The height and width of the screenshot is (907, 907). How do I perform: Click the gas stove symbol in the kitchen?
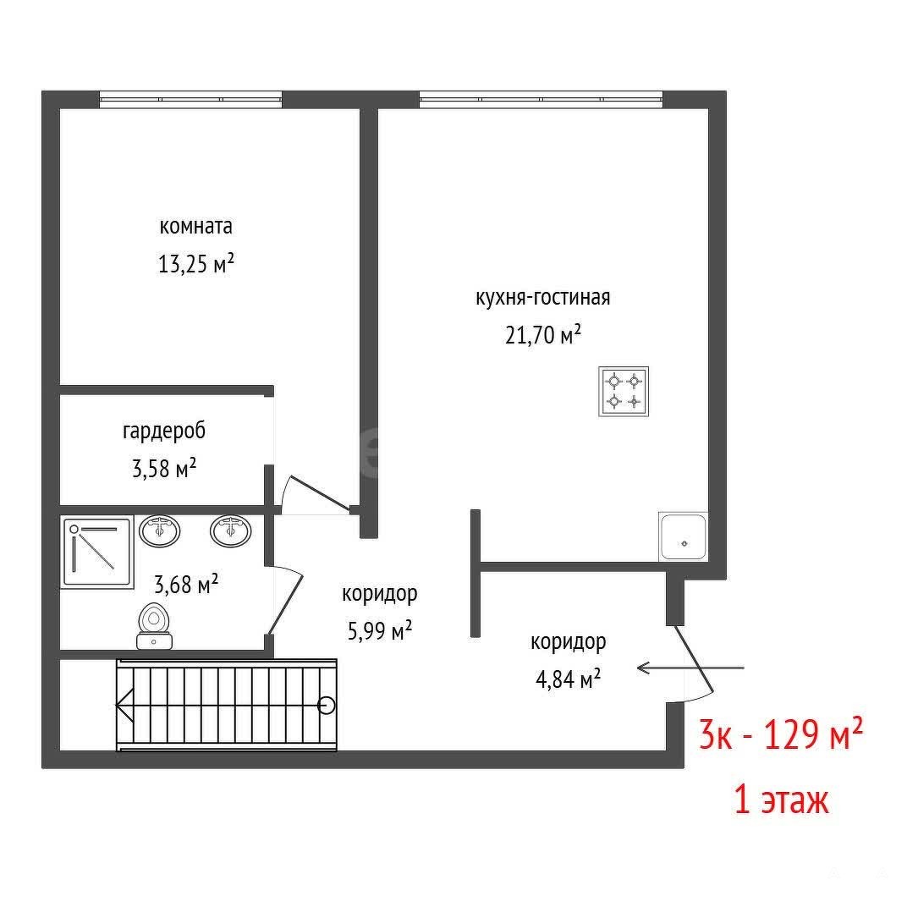point(624,392)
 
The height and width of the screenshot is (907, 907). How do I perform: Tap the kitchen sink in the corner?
point(683,536)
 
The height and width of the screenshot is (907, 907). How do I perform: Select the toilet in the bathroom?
point(155,626)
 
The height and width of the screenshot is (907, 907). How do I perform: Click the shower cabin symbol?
point(97,552)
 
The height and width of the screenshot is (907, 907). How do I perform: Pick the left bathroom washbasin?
point(160,530)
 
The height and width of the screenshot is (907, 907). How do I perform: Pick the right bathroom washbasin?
point(231,530)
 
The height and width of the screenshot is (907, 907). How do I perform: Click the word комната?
point(195,226)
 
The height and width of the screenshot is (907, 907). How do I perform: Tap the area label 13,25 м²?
point(196,264)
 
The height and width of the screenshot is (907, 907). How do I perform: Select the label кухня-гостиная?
point(542,297)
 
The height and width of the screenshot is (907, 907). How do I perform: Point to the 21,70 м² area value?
point(542,334)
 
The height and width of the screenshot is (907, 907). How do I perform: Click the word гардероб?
point(163,432)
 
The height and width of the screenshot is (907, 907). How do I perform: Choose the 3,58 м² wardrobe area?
point(164,468)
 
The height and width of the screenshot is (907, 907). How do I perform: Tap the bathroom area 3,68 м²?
point(185,584)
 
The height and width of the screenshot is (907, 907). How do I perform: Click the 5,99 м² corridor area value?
point(379,630)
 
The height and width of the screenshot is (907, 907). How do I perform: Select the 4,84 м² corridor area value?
point(568,679)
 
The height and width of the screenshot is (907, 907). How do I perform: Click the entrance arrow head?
point(642,668)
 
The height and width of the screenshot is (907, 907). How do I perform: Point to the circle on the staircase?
point(327,706)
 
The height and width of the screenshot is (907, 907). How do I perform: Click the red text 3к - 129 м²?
point(781,734)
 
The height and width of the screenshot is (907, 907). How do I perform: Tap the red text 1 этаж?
point(782,800)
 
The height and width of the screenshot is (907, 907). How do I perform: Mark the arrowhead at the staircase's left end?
point(124,706)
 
